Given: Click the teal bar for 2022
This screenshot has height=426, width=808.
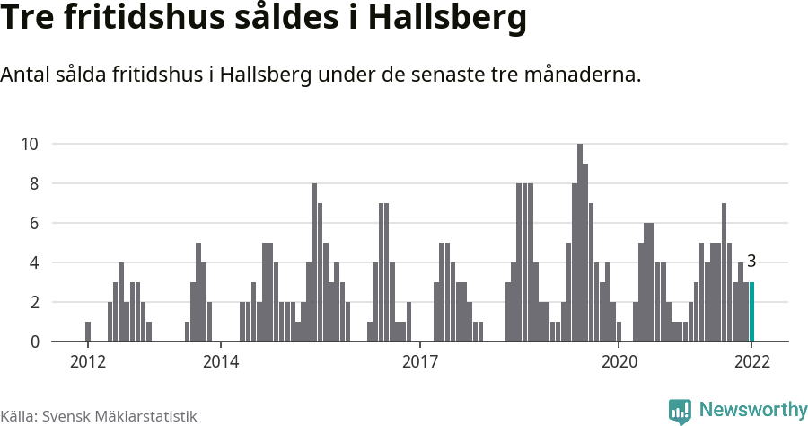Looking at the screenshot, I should [x=751, y=312].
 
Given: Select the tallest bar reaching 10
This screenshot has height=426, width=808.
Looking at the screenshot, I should [x=580, y=243].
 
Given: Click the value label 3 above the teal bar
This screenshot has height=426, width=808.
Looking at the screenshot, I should [x=751, y=262].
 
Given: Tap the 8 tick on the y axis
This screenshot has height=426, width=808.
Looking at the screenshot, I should [x=33, y=183].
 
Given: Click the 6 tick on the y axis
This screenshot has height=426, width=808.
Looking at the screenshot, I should [x=33, y=223].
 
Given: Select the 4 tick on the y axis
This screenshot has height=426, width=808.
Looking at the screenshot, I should [x=33, y=262].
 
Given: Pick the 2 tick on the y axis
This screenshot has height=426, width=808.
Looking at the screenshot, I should [x=33, y=302].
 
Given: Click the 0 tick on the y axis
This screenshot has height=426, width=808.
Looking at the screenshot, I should [x=33, y=342].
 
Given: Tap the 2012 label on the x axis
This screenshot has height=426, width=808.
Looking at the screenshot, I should [x=88, y=362].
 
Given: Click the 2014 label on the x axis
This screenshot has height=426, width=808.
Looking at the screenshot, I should [x=221, y=362].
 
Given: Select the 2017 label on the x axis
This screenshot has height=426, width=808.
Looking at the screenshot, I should [x=419, y=362].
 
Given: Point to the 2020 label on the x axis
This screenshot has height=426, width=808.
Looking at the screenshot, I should [x=619, y=362].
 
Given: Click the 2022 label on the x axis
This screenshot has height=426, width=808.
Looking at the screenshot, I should [x=751, y=362].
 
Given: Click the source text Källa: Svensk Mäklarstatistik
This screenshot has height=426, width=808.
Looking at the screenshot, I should [x=99, y=416].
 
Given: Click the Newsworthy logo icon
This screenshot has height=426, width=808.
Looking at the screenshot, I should [x=680, y=411].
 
